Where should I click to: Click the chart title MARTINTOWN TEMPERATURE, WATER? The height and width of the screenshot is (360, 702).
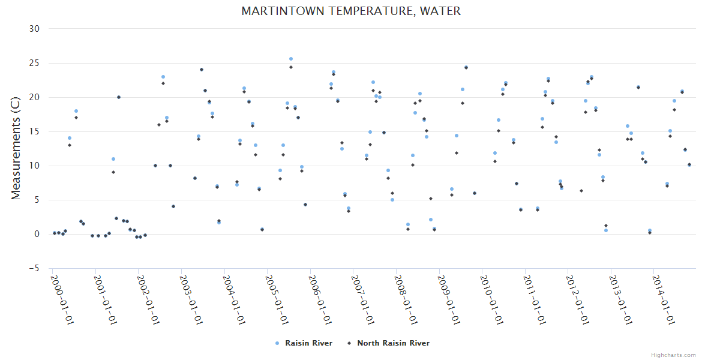[x=351, y=11]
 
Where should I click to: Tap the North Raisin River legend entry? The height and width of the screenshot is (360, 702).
[x=393, y=343]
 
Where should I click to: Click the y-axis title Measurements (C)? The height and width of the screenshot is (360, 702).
[x=16, y=148]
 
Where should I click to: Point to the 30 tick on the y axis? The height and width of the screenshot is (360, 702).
[x=34, y=29]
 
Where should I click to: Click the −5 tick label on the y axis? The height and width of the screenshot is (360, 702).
[x=34, y=268]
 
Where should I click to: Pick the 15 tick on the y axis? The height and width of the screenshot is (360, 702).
[x=34, y=131]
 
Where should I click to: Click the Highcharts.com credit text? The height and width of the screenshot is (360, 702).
[x=673, y=355]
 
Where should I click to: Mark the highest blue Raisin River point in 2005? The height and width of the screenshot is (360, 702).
[x=291, y=59]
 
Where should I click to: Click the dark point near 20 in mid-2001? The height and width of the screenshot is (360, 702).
[x=119, y=97]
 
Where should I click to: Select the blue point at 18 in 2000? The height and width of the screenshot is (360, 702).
[x=76, y=111]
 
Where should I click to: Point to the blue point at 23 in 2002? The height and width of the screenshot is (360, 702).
[x=163, y=77]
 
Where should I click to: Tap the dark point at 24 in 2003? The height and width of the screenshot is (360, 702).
[x=202, y=70]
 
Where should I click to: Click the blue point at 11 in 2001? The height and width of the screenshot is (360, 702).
[x=113, y=159]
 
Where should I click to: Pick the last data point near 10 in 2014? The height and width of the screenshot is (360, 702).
[x=689, y=164]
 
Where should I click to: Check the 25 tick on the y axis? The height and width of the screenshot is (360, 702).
[x=34, y=63]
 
